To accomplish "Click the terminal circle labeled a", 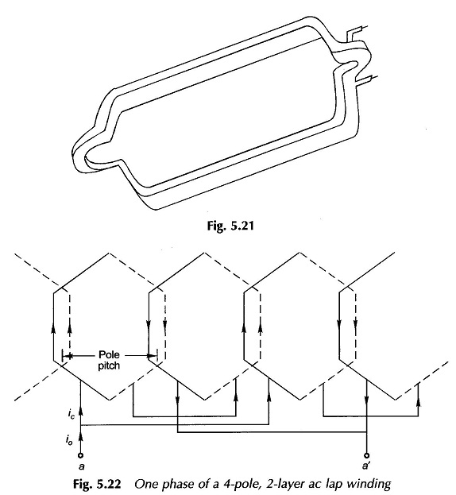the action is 81,455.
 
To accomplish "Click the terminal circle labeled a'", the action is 366,455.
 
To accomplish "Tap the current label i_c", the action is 71,413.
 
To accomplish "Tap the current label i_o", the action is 69,439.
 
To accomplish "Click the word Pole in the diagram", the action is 109,354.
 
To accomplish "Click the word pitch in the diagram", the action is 109,365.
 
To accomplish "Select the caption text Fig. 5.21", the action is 230,226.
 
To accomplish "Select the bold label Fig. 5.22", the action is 97,484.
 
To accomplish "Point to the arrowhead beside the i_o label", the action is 81,437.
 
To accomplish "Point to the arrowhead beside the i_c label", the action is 81,411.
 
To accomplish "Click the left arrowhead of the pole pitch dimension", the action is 68,356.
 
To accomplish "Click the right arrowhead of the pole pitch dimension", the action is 153,356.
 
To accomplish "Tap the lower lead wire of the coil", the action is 365,80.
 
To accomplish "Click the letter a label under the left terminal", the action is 81,466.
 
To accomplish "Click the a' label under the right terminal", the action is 365,466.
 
